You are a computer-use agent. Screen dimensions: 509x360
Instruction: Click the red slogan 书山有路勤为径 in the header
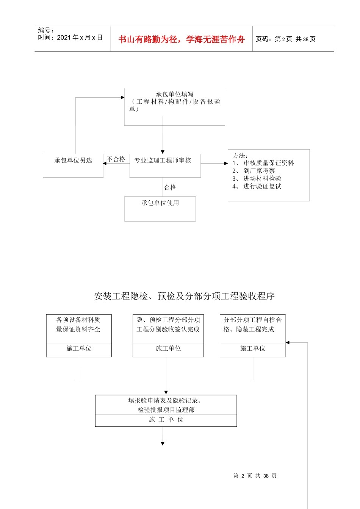point(181,39)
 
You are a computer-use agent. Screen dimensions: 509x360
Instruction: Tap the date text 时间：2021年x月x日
point(70,37)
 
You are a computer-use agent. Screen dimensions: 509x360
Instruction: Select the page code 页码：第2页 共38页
point(285,39)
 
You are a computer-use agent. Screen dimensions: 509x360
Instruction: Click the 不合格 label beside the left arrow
point(116,159)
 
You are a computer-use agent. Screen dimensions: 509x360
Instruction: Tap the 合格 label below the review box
point(170,187)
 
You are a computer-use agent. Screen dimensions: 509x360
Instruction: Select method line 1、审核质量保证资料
point(263,163)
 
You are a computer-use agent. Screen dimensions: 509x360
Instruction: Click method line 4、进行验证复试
point(257,186)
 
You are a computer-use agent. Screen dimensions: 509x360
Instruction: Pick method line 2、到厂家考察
point(254,171)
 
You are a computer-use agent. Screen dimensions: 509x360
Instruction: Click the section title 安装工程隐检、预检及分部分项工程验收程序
point(184,296)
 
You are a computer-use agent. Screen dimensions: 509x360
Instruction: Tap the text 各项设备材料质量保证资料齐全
point(78,325)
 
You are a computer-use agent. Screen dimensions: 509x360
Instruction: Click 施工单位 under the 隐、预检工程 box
point(168,348)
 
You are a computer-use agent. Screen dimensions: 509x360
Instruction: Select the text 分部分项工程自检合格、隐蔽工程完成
point(252,325)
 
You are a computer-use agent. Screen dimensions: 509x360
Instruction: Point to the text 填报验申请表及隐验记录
point(164,401)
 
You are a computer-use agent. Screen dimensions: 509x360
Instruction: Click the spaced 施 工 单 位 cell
point(166,420)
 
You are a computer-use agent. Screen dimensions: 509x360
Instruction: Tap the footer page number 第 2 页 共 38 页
point(255,476)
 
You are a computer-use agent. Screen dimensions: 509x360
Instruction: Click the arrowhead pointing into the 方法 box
point(226,164)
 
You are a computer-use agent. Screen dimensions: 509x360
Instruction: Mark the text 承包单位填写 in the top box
point(175,94)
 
